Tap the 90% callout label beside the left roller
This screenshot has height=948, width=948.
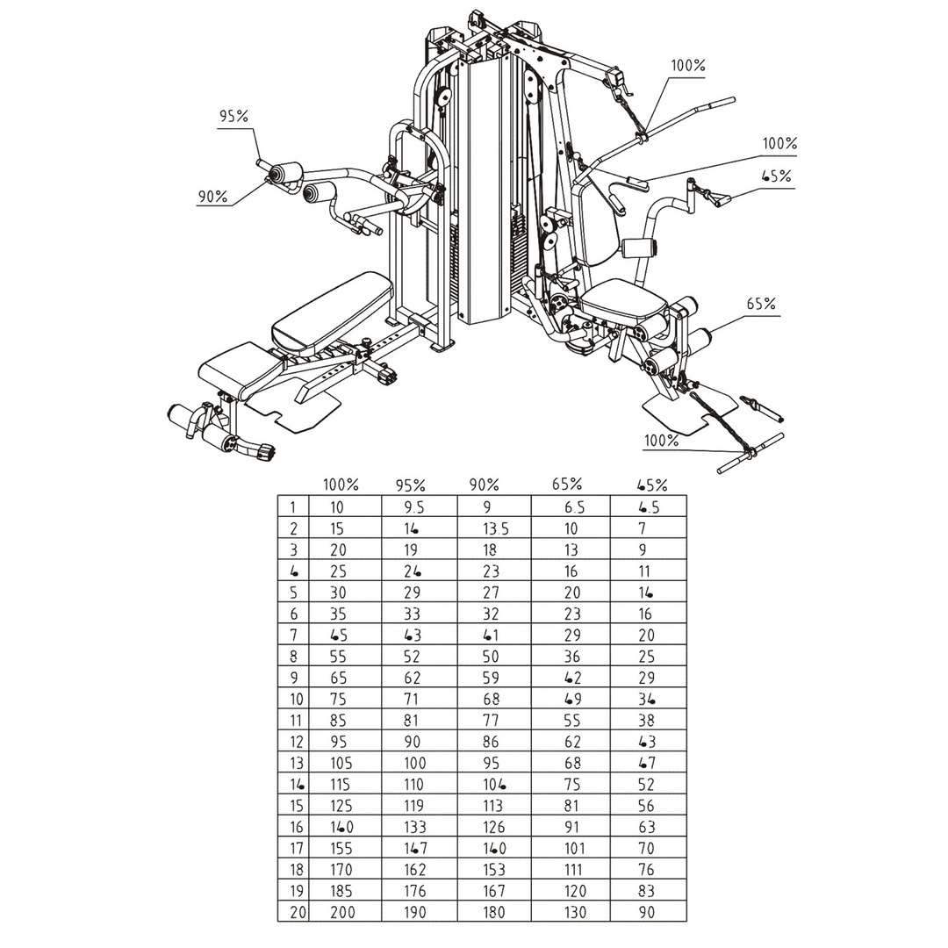(x=212, y=197)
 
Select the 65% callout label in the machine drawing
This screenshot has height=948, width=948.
(x=761, y=305)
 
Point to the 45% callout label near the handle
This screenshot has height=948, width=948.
(x=776, y=176)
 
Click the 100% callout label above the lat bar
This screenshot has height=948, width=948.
(x=688, y=66)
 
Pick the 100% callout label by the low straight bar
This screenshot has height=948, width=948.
(x=661, y=441)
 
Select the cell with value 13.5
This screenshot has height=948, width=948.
(x=495, y=528)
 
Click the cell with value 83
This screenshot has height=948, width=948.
(x=648, y=891)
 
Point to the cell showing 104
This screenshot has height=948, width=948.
(x=495, y=784)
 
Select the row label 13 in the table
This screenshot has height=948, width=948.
(x=294, y=763)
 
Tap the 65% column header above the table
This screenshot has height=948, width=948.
(x=567, y=484)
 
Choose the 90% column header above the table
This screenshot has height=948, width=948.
(x=484, y=484)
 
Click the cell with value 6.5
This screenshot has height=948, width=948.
(x=574, y=507)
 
